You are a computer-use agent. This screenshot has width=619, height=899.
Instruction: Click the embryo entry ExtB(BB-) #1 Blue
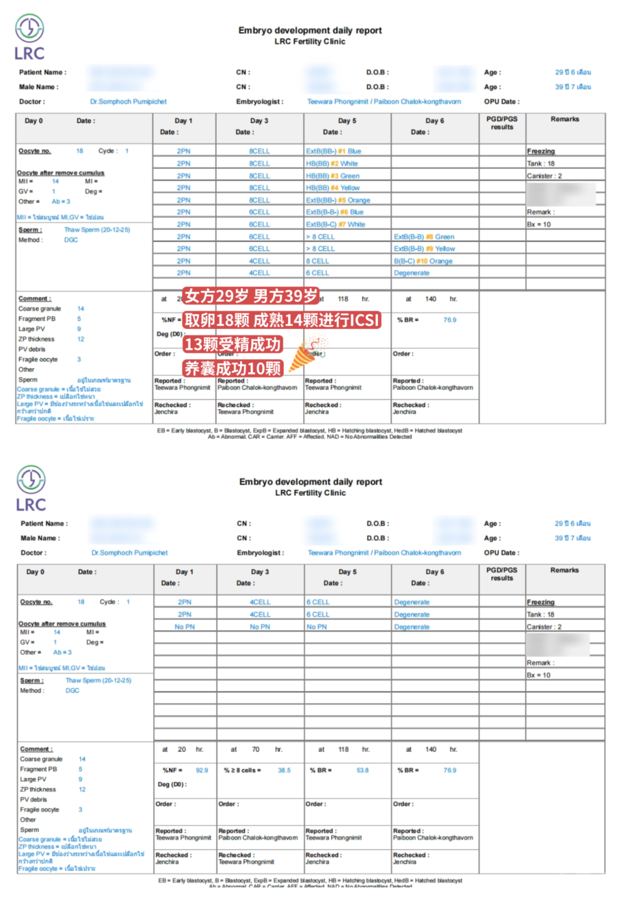pos(334,151)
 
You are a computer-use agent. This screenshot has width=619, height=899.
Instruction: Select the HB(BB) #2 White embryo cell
pos(332,163)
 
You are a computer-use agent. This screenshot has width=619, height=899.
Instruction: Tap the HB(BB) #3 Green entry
pos(333,176)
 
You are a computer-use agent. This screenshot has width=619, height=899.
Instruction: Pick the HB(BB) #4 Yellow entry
pos(333,188)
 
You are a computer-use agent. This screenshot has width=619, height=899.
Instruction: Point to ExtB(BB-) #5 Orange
pos(338,200)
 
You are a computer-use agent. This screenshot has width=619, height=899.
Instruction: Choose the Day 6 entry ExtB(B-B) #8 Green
pos(424,237)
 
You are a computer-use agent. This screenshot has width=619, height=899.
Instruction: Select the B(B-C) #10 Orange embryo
pos(423,261)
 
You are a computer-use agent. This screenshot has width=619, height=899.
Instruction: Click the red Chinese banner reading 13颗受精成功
pos(233,344)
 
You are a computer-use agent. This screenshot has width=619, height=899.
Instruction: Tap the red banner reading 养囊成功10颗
pos(233,368)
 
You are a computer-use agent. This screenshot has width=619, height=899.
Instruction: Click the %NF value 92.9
pos(202,771)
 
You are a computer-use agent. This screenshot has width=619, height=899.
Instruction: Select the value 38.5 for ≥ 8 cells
pos(284,771)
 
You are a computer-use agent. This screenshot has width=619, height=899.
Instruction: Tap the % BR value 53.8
pos(363,771)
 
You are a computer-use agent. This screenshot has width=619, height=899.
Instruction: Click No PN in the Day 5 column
pos(316,627)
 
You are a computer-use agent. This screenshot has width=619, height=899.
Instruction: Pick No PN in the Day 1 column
pos(185,627)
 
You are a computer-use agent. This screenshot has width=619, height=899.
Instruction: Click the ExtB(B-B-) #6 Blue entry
pos(335,212)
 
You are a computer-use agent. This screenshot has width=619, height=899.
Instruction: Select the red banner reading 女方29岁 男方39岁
pos(251,296)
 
